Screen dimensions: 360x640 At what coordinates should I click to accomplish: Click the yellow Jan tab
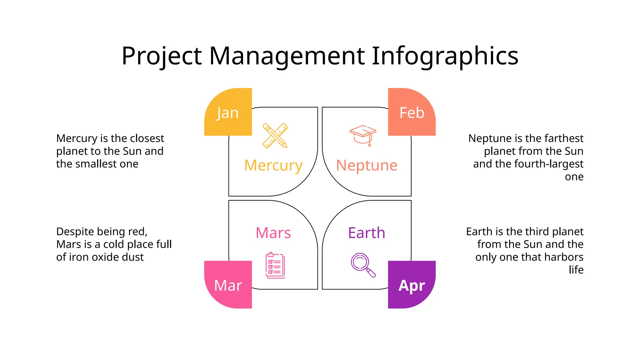point(228,112)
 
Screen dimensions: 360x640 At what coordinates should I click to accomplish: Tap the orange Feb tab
point(412,112)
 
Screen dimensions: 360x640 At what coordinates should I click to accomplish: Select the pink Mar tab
point(228,285)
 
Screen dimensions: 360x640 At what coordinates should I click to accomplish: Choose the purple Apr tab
point(412,285)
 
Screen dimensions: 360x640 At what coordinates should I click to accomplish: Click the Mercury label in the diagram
point(273,165)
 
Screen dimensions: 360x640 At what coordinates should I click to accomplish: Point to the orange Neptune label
point(367,165)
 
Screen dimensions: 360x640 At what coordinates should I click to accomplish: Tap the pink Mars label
point(273,233)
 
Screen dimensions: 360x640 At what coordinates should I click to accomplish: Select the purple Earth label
point(367,233)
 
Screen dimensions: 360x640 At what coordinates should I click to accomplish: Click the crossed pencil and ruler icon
point(275,136)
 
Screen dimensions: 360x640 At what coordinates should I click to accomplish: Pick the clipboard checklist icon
point(275,265)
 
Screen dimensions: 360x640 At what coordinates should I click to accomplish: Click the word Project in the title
point(162,56)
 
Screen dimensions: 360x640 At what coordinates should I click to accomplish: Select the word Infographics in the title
point(445,56)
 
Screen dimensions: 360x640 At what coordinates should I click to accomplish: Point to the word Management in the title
point(287,56)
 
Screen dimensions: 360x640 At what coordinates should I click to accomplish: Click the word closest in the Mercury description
point(147,138)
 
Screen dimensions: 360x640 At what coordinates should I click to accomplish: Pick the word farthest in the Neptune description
point(566,138)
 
